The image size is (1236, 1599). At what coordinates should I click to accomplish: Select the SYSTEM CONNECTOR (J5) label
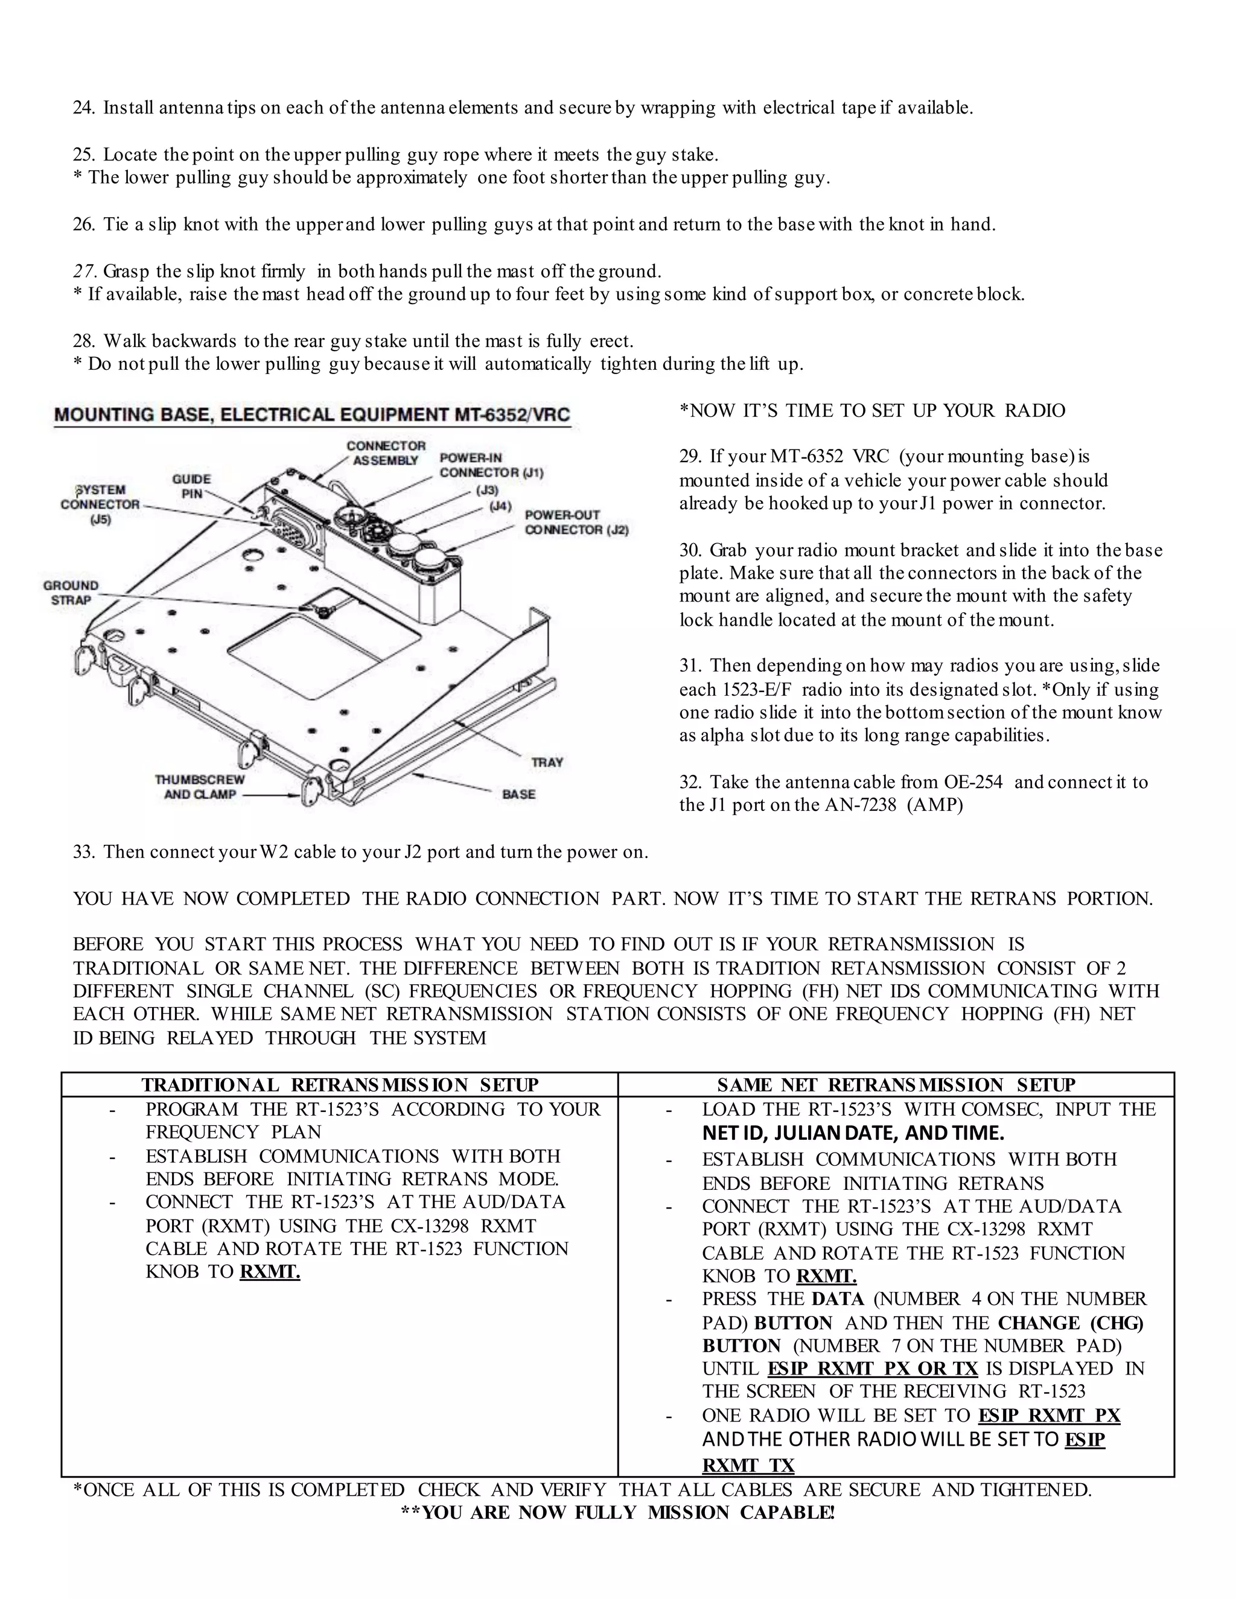pyautogui.click(x=100, y=504)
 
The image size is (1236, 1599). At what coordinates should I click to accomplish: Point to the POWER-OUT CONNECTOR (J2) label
pyautogui.click(x=576, y=522)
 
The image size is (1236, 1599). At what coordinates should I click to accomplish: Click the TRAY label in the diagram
pyautogui.click(x=547, y=762)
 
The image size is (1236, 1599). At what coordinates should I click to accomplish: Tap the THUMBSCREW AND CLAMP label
pyautogui.click(x=199, y=787)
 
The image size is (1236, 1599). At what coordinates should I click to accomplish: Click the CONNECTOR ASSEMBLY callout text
pyautogui.click(x=385, y=453)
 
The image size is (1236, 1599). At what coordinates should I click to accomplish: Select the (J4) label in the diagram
pyautogui.click(x=500, y=506)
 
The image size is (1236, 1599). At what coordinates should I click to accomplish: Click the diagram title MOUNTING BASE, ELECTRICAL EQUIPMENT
pyautogui.click(x=311, y=415)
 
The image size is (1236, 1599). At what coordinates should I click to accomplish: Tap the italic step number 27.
pyautogui.click(x=83, y=272)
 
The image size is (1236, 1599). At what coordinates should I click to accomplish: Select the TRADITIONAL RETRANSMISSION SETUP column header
pyautogui.click(x=340, y=1084)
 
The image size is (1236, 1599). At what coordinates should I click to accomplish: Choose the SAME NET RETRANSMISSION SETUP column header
pyautogui.click(x=896, y=1084)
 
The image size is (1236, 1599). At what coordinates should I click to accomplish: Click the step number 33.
pyautogui.click(x=83, y=852)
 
